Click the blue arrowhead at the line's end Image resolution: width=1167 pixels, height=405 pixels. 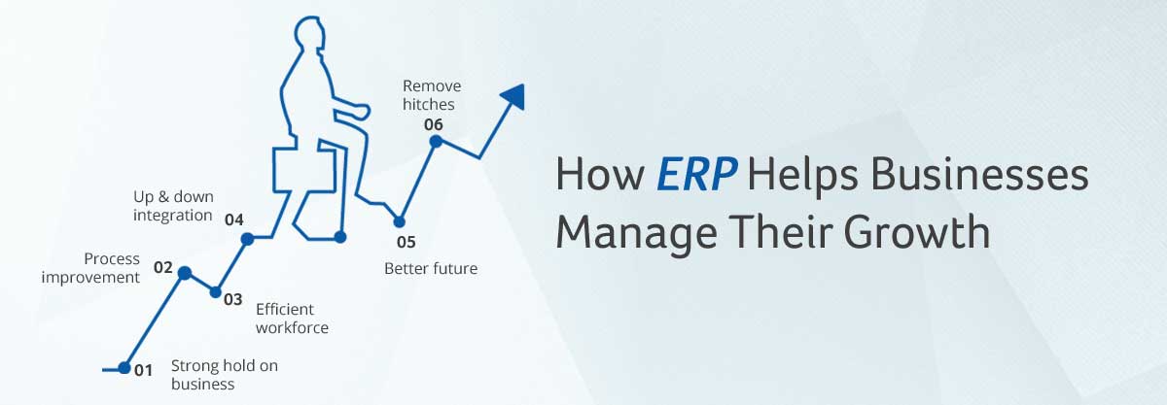point(513,96)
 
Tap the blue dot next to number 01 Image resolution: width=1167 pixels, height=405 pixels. point(124,368)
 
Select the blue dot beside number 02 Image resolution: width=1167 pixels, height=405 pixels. point(185,273)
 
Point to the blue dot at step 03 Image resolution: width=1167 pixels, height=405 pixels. point(215,292)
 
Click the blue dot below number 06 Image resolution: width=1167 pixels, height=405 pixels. point(436,141)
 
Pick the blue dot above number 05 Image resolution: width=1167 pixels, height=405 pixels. point(399,221)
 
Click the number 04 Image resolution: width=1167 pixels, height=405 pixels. point(234,219)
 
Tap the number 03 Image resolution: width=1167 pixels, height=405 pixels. point(232,299)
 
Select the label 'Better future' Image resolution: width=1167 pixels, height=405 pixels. point(431,269)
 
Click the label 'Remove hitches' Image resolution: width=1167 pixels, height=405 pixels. point(432,95)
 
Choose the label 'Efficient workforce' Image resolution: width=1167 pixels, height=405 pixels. point(292,319)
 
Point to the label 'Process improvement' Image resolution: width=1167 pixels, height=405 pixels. point(90,268)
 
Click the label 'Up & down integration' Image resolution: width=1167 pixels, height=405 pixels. point(173,206)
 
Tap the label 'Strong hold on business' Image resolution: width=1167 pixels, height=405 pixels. point(224,375)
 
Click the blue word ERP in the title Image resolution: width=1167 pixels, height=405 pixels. point(696,174)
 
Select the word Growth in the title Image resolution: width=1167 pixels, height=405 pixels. point(917,232)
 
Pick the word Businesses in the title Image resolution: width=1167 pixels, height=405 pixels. point(980,174)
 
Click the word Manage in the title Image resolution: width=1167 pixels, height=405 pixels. point(636,233)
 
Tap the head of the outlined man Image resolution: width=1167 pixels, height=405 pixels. point(309,33)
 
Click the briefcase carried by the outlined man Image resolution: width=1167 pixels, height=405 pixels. point(303,170)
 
